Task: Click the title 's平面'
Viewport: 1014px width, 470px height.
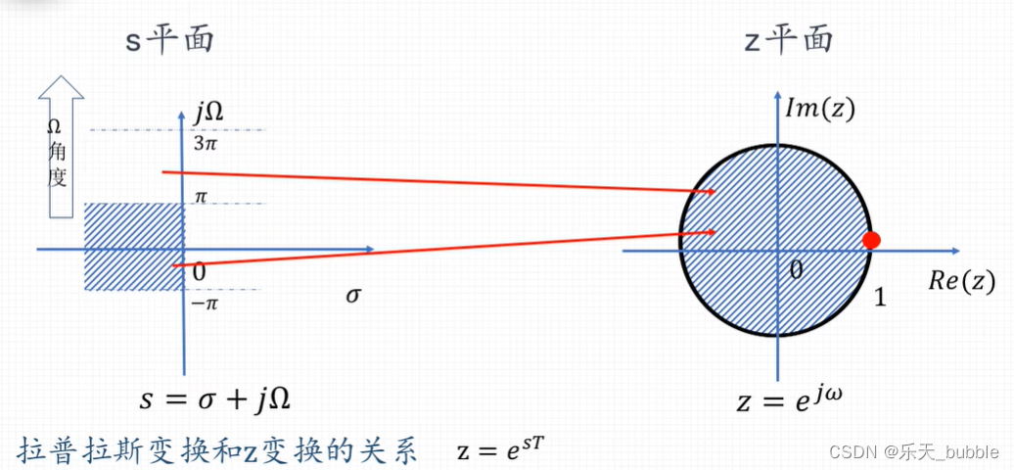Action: pos(169,40)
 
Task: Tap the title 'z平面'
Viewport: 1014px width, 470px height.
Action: pos(788,39)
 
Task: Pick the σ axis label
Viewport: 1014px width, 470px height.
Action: pos(353,294)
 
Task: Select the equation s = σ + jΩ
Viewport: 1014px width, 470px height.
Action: pos(215,399)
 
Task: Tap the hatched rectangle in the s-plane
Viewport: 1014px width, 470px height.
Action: pos(133,246)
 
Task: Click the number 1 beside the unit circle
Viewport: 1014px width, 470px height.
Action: pos(880,298)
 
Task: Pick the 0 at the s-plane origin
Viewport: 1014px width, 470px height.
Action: pos(199,271)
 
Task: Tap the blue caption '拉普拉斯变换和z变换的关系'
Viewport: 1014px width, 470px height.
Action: pos(218,450)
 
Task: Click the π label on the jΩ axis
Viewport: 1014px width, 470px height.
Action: pos(201,198)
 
